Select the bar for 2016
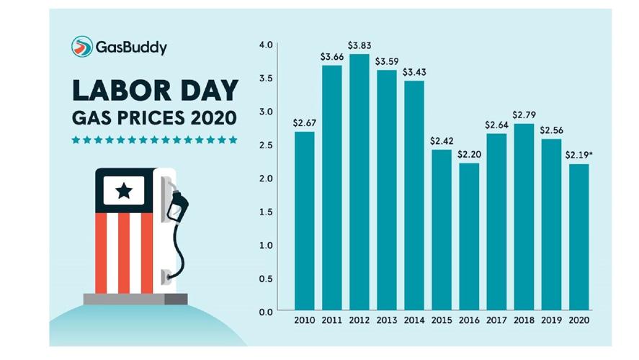(469, 237)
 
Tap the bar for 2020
(579, 238)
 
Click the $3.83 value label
(359, 45)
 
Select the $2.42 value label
(442, 140)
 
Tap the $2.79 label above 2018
(524, 114)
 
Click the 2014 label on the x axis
(414, 320)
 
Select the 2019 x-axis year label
(552, 320)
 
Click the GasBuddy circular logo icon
(82, 47)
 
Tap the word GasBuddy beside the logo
(132, 48)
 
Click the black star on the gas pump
(124, 191)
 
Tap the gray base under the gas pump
(135, 299)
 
